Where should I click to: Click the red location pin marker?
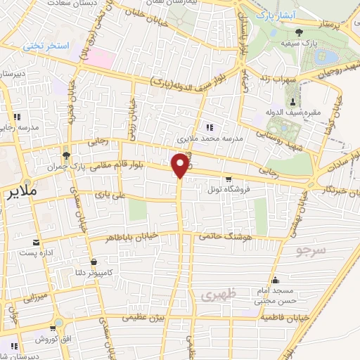click(181, 165)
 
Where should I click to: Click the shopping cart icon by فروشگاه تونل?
click(228, 179)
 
